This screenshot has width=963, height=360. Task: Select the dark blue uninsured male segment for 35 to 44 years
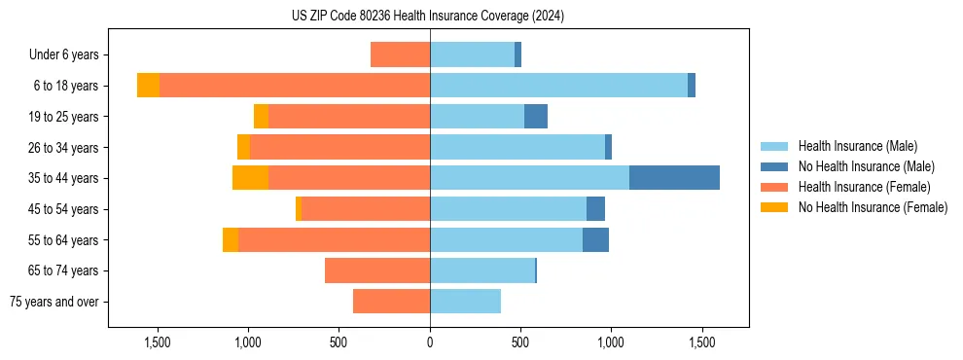pos(674,178)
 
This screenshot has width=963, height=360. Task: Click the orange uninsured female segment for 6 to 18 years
pos(148,86)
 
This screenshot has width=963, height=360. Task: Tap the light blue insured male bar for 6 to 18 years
pos(558,86)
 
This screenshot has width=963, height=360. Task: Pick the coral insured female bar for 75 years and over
pos(391,302)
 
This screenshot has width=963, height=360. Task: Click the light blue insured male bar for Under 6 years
pos(472,54)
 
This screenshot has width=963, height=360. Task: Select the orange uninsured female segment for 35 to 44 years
pos(250,178)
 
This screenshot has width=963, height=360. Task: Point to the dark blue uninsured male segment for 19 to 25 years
pos(536,117)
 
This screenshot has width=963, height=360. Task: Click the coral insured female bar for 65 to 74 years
pos(377,270)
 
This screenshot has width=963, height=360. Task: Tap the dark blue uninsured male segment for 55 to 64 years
pos(595,239)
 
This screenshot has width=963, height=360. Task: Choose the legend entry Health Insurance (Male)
pos(857,146)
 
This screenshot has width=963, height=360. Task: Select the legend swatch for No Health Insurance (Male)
pos(774,166)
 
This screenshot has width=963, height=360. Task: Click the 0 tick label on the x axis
pos(430,342)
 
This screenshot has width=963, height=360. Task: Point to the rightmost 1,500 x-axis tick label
pos(702,342)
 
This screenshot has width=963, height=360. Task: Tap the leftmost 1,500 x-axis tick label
pos(158,342)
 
